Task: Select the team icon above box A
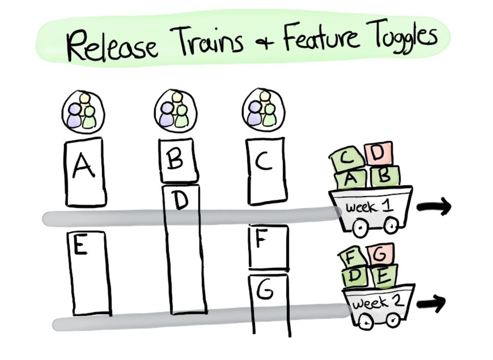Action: click(83, 112)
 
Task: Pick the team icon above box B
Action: click(175, 111)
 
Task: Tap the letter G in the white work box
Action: click(265, 290)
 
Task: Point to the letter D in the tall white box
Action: click(181, 200)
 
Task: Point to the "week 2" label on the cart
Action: click(376, 303)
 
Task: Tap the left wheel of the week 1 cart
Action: click(360, 227)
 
